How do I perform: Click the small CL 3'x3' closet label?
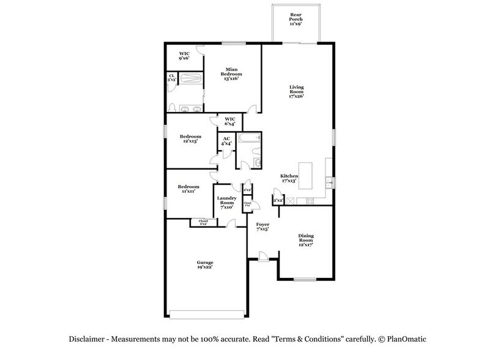(x=172, y=79)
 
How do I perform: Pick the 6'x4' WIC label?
(x=230, y=121)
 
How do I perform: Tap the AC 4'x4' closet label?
(x=226, y=141)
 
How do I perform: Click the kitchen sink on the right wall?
(x=329, y=181)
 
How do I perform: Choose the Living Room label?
(x=297, y=92)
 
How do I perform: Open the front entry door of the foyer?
(x=262, y=256)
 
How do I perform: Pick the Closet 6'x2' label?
(x=202, y=222)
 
